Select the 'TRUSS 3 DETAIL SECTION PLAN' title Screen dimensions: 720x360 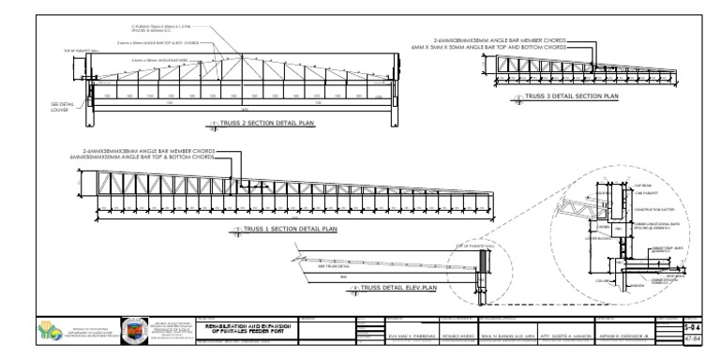click(573, 96)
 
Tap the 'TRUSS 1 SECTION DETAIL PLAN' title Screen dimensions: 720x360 click(291, 228)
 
